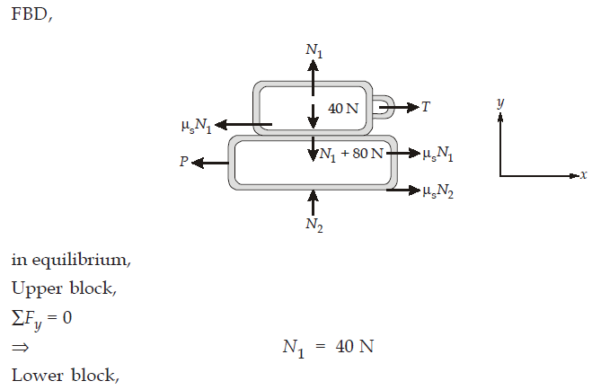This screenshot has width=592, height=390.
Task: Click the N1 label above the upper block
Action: coord(314,51)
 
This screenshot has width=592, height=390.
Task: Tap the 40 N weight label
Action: coord(343,109)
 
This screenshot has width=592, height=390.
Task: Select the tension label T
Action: coord(426,107)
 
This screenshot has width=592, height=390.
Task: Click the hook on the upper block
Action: coord(384,107)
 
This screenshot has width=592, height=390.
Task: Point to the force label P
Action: coord(184,162)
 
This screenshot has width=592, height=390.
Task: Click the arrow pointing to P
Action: coord(210,163)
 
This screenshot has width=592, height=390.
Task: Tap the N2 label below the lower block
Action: coord(314,225)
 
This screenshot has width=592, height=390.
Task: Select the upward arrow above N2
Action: coord(313,202)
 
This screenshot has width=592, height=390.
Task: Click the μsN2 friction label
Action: coord(438,191)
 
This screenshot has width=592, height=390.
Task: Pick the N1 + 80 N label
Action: coord(351,154)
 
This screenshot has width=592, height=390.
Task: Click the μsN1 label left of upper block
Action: coord(197,126)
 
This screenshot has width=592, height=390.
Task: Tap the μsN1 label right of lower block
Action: coord(438,154)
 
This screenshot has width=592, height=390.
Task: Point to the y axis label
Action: coord(500,102)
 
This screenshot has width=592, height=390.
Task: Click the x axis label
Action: coord(584,174)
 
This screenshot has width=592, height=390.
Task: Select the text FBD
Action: coord(30,14)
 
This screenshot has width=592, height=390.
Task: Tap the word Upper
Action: coord(37,289)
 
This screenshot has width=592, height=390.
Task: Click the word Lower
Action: coord(37,375)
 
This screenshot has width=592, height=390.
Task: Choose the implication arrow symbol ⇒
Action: coord(20,347)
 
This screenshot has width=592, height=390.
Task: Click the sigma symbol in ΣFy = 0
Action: coord(18,318)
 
